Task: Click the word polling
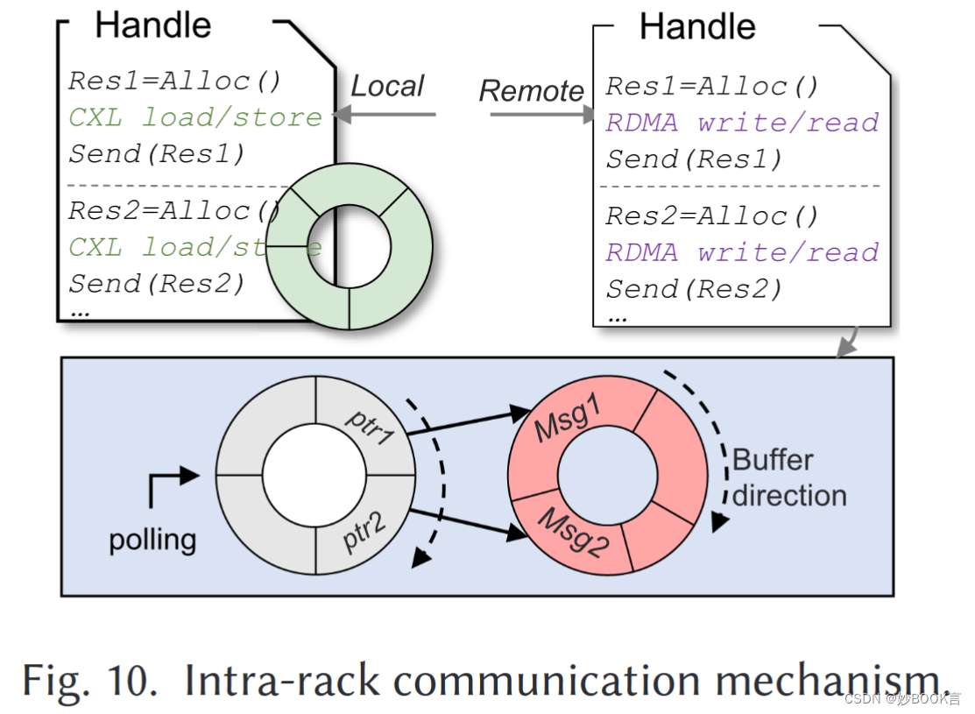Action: pyautogui.click(x=152, y=539)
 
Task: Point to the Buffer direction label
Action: pyautogui.click(x=788, y=477)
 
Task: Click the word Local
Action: pyautogui.click(x=387, y=86)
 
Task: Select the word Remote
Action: pyautogui.click(x=531, y=91)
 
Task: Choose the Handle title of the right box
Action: pyautogui.click(x=697, y=26)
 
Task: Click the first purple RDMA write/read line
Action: pyautogui.click(x=742, y=123)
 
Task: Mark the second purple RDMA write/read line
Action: pyautogui.click(x=742, y=252)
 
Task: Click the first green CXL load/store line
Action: pyautogui.click(x=195, y=117)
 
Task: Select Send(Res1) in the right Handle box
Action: pyautogui.click(x=694, y=159)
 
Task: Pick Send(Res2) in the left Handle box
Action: pyautogui.click(x=157, y=284)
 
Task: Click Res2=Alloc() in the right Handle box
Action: pyautogui.click(x=712, y=216)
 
